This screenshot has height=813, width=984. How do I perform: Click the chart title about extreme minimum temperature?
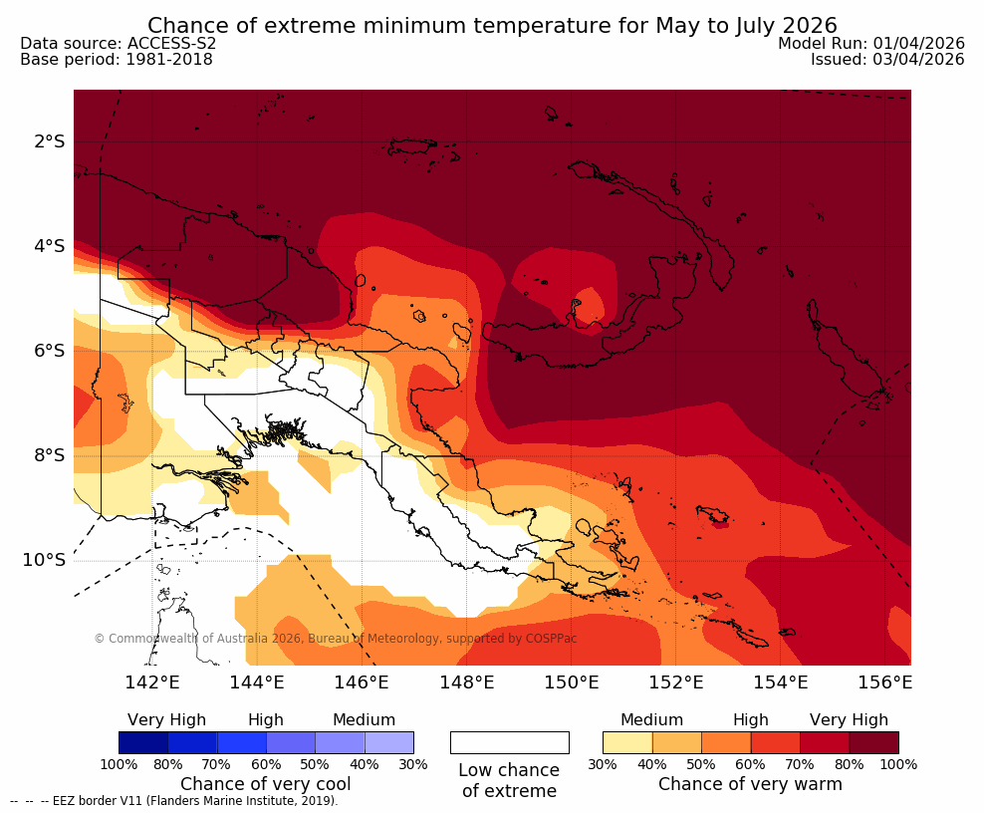pos(492,25)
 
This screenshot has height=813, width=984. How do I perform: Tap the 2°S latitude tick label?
pos(49,141)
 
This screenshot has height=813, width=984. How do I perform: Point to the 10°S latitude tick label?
pos(45,560)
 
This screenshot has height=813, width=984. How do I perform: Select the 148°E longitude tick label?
pos(466,682)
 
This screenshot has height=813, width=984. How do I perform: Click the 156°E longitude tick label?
pos(885,682)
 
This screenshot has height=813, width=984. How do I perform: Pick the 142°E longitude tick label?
pos(152,682)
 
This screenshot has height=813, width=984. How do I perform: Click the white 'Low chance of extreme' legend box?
pos(509,742)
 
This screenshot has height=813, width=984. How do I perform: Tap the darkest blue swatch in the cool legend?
pos(143,742)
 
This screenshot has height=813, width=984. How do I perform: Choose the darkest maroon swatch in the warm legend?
pos(873,742)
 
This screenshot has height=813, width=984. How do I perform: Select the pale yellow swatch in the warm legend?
pos(627,742)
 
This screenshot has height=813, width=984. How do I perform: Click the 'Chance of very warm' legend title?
pos(750,784)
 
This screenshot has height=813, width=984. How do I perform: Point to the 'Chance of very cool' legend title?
pos(266,784)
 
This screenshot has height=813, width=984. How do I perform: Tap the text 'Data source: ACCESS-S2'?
pos(118,44)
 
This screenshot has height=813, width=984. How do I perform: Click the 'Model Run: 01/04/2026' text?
pos(870,44)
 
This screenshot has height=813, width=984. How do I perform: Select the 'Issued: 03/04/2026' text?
pos(887,60)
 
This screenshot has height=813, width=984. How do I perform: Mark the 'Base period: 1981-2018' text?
pos(117,60)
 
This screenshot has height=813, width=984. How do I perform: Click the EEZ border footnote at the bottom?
pos(174,800)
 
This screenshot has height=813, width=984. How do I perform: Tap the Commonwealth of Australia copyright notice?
pos(336,639)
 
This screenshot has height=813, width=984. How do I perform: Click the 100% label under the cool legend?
pos(119,764)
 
